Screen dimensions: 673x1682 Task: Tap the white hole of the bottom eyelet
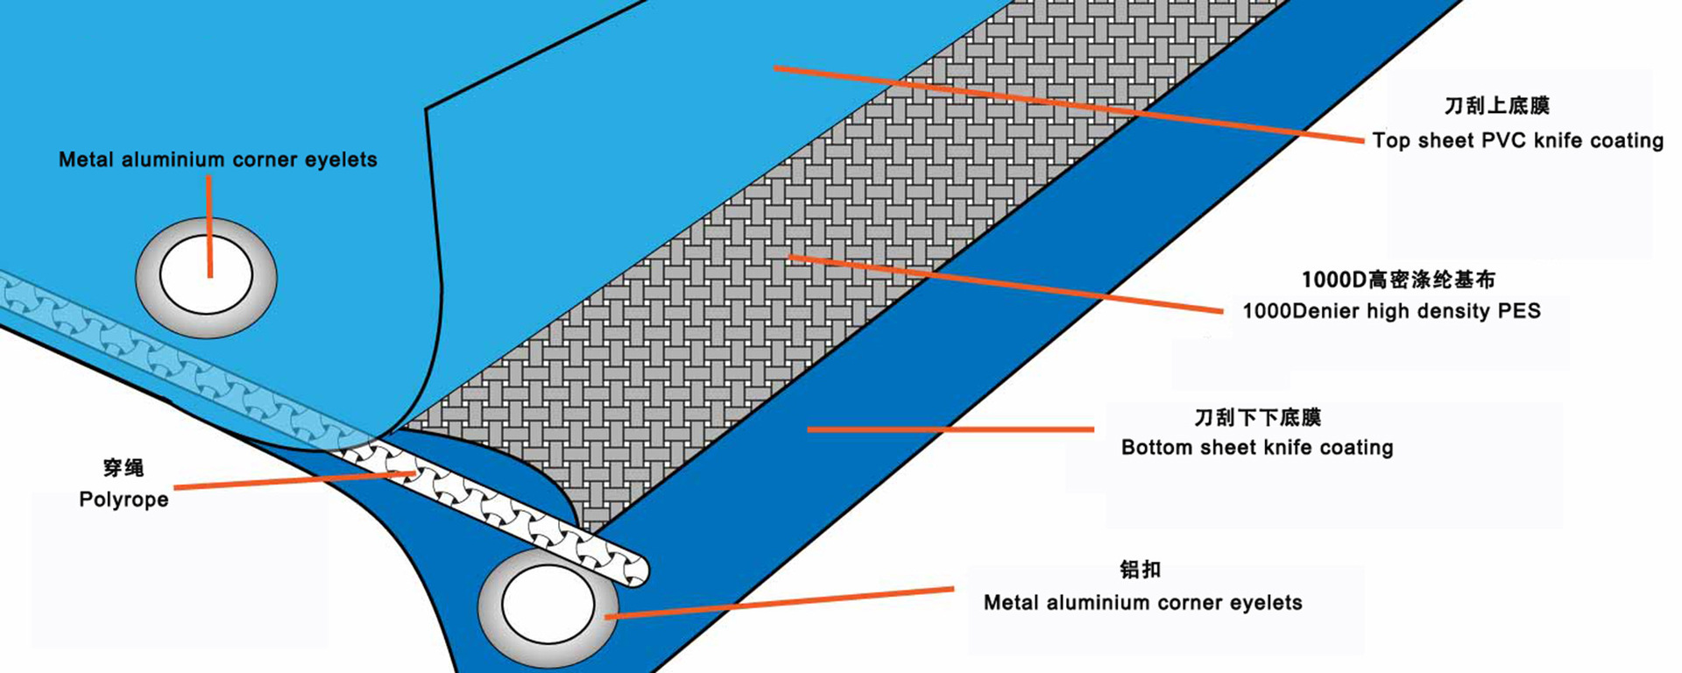click(x=548, y=605)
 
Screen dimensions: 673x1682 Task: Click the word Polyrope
click(x=124, y=499)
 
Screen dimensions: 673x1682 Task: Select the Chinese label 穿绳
click(x=124, y=468)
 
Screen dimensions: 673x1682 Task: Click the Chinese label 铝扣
click(x=1140, y=570)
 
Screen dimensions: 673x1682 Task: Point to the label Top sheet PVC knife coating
click(x=1517, y=140)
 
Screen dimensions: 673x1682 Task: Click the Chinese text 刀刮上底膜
click(x=1496, y=106)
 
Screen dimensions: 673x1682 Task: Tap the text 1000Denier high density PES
click(x=1390, y=311)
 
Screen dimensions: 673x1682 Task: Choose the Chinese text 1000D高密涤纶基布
click(x=1398, y=280)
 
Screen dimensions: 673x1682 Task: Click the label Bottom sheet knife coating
click(x=1256, y=448)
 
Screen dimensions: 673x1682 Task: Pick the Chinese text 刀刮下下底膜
click(x=1257, y=417)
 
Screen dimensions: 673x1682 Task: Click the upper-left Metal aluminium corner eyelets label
click(x=217, y=159)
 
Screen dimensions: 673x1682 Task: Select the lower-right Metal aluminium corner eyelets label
click(x=1142, y=603)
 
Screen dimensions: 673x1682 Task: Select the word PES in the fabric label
click(x=1519, y=311)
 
